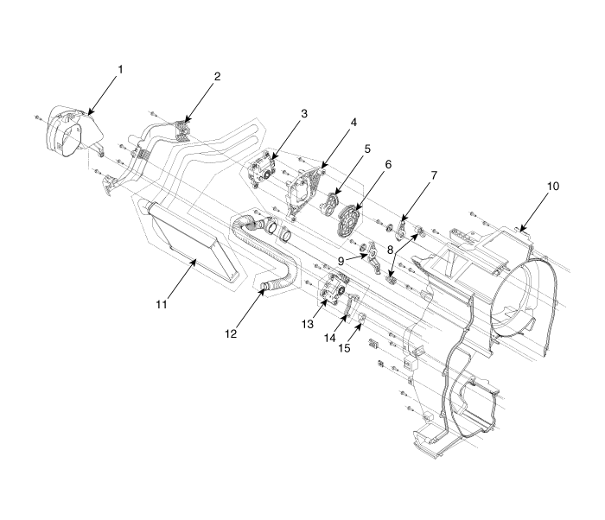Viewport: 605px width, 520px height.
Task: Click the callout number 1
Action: point(120,68)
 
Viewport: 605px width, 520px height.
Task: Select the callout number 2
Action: point(217,76)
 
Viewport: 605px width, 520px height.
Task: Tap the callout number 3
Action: point(303,112)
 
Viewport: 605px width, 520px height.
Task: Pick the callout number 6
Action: point(390,164)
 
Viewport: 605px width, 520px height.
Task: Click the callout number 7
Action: point(433,174)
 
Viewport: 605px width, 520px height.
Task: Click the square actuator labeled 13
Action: point(332,291)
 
